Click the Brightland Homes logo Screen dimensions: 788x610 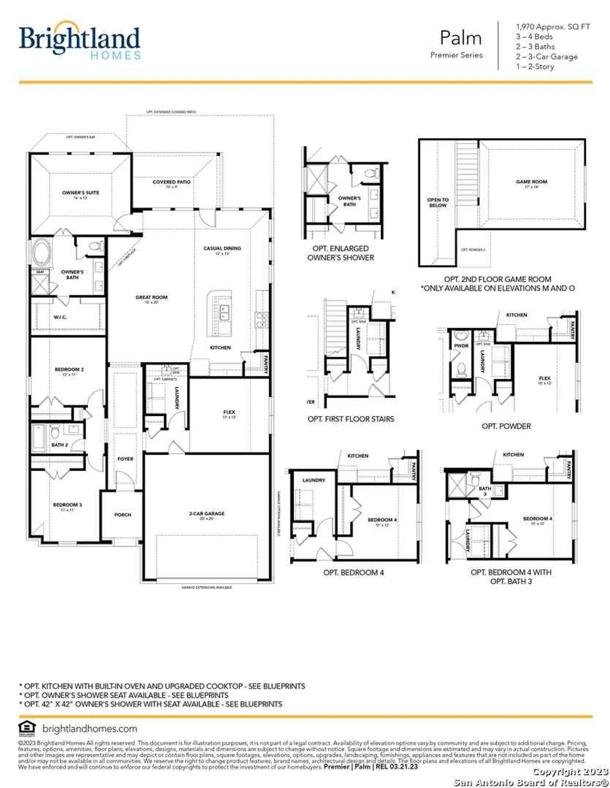(80, 40)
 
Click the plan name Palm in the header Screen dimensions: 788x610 (460, 38)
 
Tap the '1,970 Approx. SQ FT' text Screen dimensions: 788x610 (553, 26)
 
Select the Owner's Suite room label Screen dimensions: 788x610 (80, 193)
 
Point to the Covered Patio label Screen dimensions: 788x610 (171, 182)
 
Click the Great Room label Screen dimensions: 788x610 (151, 297)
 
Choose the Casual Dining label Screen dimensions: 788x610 (222, 248)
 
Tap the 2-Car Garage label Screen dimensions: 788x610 (207, 513)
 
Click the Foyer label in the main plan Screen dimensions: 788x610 (125, 459)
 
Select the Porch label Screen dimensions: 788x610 (123, 515)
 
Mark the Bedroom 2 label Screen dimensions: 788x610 (69, 370)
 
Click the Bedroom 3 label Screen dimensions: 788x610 (67, 505)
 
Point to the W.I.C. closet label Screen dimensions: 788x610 (60, 317)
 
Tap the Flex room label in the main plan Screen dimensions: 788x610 (229, 412)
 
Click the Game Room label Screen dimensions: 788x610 (531, 182)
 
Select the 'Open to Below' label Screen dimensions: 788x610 (438, 202)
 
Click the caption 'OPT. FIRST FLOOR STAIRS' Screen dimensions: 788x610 (351, 419)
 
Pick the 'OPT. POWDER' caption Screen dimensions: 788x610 (506, 426)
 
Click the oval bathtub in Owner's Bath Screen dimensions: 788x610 (40, 253)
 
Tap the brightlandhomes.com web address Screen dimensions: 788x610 (89, 729)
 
